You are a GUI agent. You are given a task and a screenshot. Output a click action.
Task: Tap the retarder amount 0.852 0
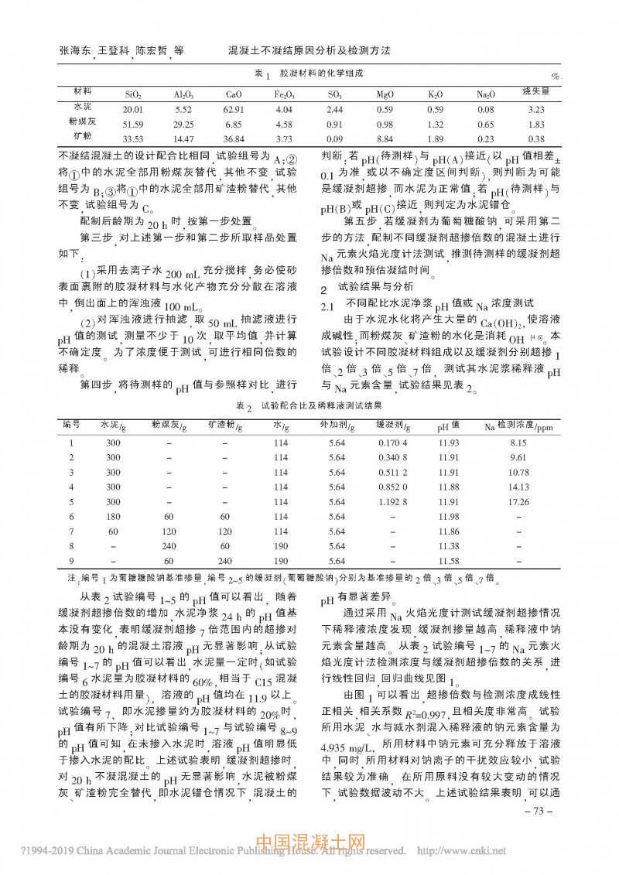coord(393,487)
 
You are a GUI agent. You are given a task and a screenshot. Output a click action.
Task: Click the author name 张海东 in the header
coord(74,50)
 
